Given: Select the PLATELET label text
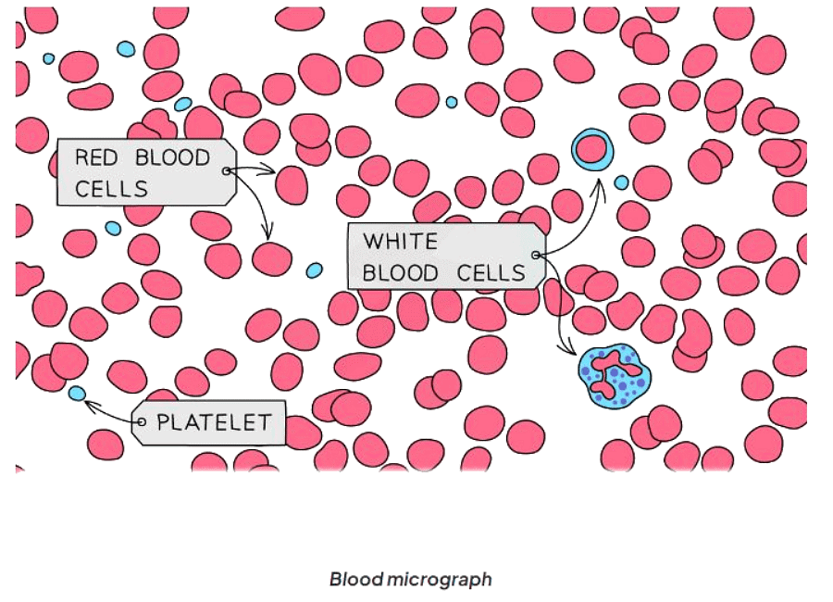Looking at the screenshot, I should (x=215, y=423).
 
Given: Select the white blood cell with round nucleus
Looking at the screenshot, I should (x=593, y=149).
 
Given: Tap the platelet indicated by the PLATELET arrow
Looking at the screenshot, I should (x=77, y=394).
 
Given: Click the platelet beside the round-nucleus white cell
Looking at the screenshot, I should (x=621, y=182).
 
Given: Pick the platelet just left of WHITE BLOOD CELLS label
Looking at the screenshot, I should (x=315, y=270).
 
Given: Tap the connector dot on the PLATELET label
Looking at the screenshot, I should (x=142, y=422).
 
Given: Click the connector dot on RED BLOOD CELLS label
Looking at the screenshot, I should (x=226, y=170).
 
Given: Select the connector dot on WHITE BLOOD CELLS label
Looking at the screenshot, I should (x=536, y=255).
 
